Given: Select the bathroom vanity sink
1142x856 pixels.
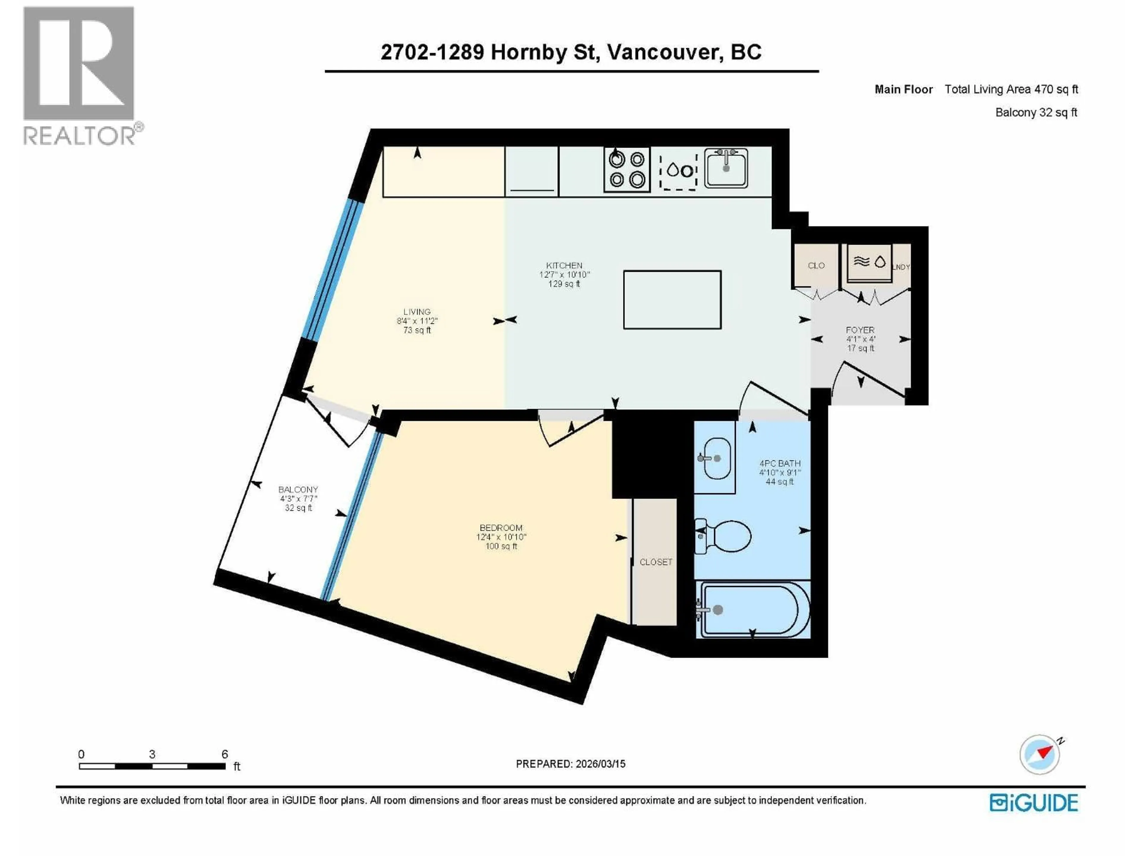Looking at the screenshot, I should [x=715, y=458].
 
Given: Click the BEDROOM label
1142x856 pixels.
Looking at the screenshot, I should [x=501, y=528].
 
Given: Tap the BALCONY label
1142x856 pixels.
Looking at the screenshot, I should [x=298, y=489].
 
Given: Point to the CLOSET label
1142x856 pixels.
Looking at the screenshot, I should [x=656, y=562].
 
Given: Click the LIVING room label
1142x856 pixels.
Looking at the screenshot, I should [x=417, y=312].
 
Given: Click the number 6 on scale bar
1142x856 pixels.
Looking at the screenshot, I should [x=225, y=754].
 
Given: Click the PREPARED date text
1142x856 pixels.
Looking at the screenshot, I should [x=570, y=764].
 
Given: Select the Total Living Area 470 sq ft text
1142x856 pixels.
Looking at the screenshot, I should [x=1011, y=89].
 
